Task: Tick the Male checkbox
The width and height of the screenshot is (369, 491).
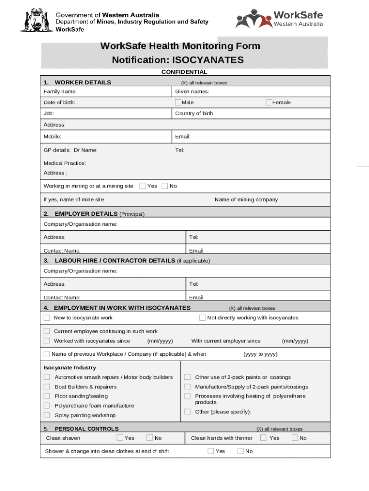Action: tap(178, 102)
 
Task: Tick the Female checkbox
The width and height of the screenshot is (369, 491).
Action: tap(269, 102)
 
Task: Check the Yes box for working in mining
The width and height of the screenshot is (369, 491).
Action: tap(143, 186)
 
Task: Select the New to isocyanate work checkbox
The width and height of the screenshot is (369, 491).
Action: tap(47, 318)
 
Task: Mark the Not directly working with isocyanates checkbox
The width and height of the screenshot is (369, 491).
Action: tap(203, 318)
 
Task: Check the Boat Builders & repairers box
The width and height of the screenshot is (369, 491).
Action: tap(47, 387)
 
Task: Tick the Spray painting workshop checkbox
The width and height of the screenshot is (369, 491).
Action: tap(47, 415)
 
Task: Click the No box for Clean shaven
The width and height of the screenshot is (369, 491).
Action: tap(150, 438)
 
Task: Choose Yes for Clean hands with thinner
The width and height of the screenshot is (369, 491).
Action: tap(263, 438)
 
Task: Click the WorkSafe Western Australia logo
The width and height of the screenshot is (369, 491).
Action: tap(279, 19)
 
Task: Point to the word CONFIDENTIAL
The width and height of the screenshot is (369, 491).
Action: tap(184, 72)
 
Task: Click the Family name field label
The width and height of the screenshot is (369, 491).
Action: tap(60, 92)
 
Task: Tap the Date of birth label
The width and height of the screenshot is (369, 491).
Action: tap(59, 103)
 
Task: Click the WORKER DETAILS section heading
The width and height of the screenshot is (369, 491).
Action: tap(83, 82)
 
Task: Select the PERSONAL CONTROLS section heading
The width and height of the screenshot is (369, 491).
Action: tap(87, 429)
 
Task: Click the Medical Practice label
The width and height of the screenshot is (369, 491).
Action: tap(65, 163)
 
